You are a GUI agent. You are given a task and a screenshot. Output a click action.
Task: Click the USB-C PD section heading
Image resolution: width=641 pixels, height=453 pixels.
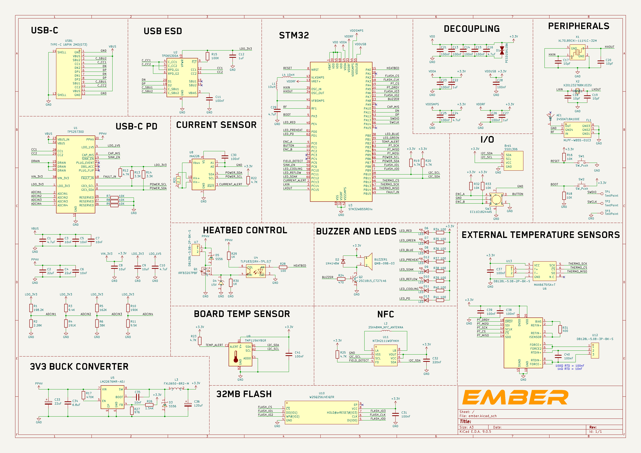(x=136, y=126)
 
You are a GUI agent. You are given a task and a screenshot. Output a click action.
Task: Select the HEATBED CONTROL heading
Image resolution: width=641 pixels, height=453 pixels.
(x=245, y=230)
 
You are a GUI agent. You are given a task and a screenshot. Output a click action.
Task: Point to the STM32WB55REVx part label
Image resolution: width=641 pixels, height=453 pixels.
(x=360, y=209)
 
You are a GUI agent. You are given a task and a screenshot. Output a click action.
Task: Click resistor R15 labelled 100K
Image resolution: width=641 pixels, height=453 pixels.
(x=207, y=56)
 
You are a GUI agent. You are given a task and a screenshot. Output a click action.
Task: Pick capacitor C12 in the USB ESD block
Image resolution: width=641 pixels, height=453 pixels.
(x=233, y=56)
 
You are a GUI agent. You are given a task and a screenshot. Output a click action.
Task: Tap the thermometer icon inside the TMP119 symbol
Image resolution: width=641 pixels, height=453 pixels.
(x=236, y=356)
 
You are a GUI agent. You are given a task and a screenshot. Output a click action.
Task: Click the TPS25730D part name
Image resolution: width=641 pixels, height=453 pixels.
(x=75, y=132)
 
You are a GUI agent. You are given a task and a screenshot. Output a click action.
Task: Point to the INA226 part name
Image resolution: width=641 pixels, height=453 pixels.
(x=194, y=156)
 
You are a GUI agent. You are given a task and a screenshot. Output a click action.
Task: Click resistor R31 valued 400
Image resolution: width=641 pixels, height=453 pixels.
(x=560, y=329)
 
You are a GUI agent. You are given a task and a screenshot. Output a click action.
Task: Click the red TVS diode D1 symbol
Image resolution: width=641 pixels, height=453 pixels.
(x=502, y=51)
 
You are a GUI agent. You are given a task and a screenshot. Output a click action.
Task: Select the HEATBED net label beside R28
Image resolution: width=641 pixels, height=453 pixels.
(x=300, y=266)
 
